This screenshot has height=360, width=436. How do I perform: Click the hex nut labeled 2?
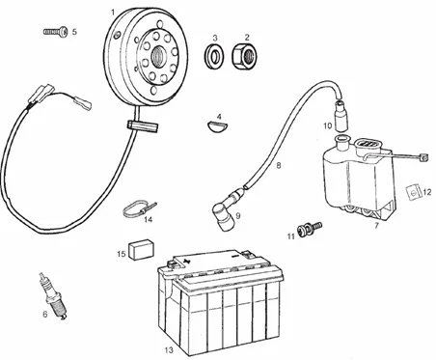(245, 57)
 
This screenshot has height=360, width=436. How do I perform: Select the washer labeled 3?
(215, 56)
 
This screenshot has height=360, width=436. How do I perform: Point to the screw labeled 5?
(56, 32)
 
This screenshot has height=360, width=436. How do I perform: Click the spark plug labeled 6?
(53, 296)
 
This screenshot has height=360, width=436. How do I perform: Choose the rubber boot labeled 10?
(341, 116)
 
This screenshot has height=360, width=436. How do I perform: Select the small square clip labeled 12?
(414, 192)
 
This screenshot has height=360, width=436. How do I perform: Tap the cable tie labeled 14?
(139, 209)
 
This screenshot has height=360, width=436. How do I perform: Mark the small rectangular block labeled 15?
(141, 249)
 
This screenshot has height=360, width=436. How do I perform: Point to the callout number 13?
(169, 349)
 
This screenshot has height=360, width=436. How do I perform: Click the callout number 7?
(376, 226)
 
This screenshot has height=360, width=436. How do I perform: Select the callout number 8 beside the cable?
(279, 165)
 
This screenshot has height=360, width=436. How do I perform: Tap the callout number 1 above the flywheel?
(113, 13)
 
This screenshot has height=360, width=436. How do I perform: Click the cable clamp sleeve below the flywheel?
(143, 125)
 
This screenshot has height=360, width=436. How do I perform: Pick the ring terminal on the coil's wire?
(424, 157)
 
